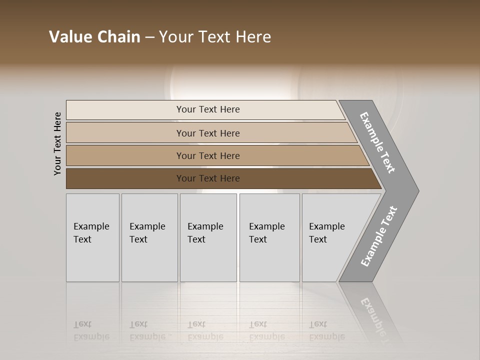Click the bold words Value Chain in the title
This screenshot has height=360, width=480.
[94, 37]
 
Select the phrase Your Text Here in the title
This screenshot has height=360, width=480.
[215, 37]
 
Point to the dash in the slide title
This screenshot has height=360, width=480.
[149, 37]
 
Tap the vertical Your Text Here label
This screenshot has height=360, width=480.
[57, 143]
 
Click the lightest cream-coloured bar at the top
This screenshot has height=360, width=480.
[207, 109]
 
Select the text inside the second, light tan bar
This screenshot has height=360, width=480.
[207, 133]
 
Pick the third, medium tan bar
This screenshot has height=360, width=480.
[207, 155]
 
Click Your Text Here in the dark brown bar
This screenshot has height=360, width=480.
[207, 178]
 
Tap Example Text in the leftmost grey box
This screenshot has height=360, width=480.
[91, 232]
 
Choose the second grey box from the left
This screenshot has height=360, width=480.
[149, 237]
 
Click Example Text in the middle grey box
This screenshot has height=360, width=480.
[205, 232]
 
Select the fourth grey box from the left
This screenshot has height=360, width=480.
[269, 237]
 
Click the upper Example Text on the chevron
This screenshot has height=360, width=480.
[377, 142]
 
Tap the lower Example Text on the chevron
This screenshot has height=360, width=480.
[378, 236]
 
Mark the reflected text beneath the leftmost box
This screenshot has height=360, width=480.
[91, 330]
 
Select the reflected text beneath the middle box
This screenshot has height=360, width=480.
[205, 330]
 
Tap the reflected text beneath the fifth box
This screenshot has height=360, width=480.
[326, 330]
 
